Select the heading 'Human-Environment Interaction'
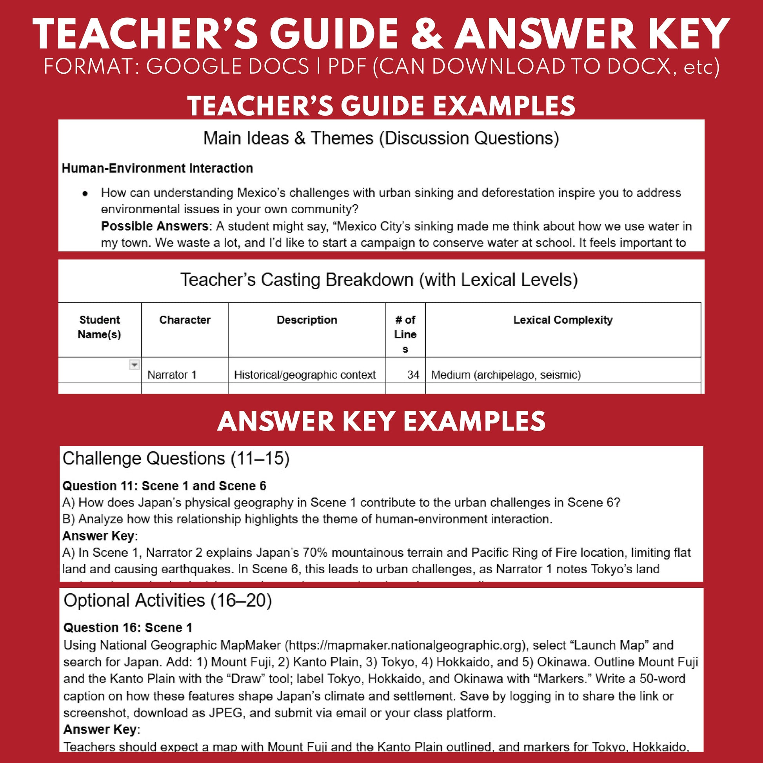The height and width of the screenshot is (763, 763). tap(157, 168)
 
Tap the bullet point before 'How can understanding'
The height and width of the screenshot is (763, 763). tap(85, 194)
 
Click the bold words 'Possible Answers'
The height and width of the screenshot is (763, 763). tap(155, 226)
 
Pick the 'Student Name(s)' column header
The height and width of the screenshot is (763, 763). tap(100, 327)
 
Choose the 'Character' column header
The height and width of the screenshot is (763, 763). tap(184, 320)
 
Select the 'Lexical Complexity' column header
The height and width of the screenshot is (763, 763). tap(563, 320)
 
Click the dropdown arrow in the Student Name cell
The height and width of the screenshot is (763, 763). tap(134, 365)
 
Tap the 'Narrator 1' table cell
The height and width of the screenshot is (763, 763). tap(172, 374)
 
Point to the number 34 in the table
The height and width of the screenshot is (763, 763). tap(413, 374)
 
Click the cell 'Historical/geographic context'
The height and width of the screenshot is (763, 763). tap(305, 374)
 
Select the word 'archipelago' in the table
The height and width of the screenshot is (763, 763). tap(505, 374)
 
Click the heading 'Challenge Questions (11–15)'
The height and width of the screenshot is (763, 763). tap(176, 458)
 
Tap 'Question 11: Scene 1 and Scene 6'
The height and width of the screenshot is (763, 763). tap(164, 486)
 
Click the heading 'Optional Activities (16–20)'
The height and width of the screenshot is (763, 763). tap(168, 600)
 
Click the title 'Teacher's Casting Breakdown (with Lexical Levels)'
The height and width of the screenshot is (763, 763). tap(379, 280)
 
